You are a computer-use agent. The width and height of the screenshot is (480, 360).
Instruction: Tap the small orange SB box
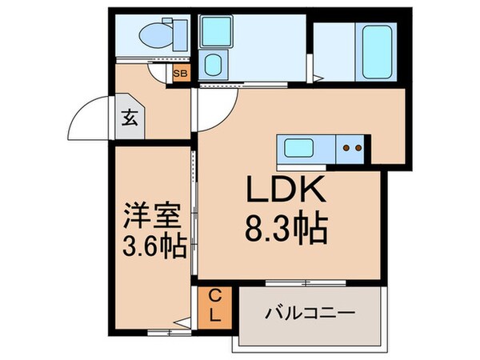tap(182, 74)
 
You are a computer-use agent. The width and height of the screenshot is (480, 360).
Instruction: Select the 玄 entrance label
tap(128, 118)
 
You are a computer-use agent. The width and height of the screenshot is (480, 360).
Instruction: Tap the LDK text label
tap(285, 191)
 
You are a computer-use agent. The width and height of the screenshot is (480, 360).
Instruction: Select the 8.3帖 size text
tap(285, 230)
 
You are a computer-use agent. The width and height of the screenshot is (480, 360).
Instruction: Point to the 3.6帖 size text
tap(155, 246)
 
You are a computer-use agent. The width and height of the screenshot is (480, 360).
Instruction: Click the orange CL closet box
tap(214, 306)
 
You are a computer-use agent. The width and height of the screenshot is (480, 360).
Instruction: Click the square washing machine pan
tap(214, 33)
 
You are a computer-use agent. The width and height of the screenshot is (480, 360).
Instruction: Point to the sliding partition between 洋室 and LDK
tap(193, 216)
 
